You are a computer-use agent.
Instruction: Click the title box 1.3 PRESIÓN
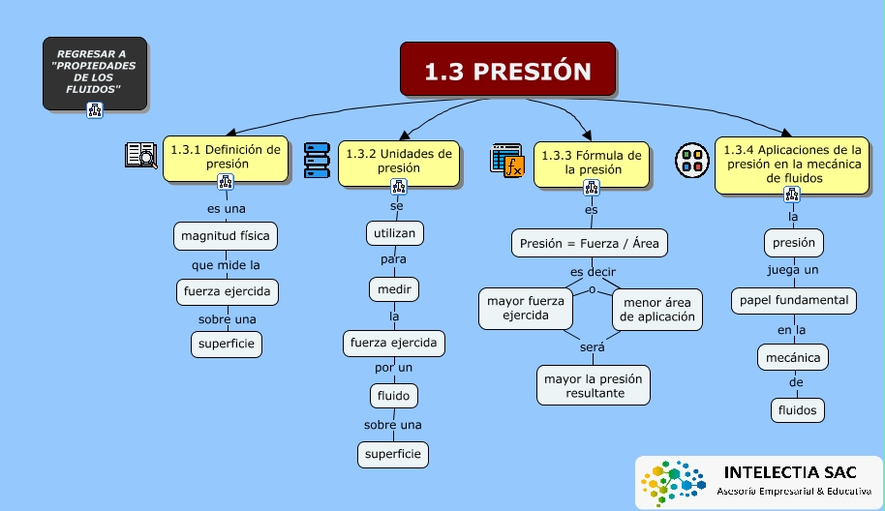pos(507,70)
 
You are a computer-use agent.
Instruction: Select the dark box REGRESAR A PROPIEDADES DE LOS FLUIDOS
pos(94,72)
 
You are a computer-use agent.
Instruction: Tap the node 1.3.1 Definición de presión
pos(225,157)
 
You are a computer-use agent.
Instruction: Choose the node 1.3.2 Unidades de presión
pos(398,161)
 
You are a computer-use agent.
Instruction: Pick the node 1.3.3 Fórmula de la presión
pos(591,162)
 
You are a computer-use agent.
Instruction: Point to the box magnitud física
pos(226,235)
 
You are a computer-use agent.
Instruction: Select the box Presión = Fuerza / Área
pos(589,243)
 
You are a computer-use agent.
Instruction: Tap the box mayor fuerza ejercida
pos(525,308)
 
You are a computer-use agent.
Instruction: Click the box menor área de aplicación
pos(656,309)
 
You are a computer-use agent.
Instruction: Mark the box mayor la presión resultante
pos(595,385)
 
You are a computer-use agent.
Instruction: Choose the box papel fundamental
pos(793,300)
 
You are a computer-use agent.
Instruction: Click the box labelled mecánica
pos(794,358)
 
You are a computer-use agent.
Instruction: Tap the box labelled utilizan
pos(395,233)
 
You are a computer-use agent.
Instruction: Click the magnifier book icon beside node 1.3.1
pos(140,155)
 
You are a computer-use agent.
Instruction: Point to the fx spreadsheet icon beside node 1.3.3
pos(506,160)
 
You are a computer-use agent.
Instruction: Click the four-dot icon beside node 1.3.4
pos(691,159)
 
